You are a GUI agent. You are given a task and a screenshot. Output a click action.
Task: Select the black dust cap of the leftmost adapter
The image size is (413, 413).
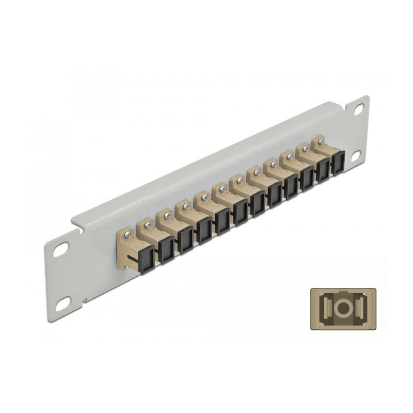[x=147, y=260]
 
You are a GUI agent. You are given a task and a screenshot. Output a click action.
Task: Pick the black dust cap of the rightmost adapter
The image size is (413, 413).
[x=338, y=162]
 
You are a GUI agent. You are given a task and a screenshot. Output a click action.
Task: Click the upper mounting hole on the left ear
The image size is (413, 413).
[x=60, y=249]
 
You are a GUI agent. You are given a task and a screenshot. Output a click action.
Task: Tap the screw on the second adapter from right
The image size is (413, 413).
[x=305, y=149]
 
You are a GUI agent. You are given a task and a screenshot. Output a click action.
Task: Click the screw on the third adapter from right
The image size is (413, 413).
[x=289, y=156]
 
